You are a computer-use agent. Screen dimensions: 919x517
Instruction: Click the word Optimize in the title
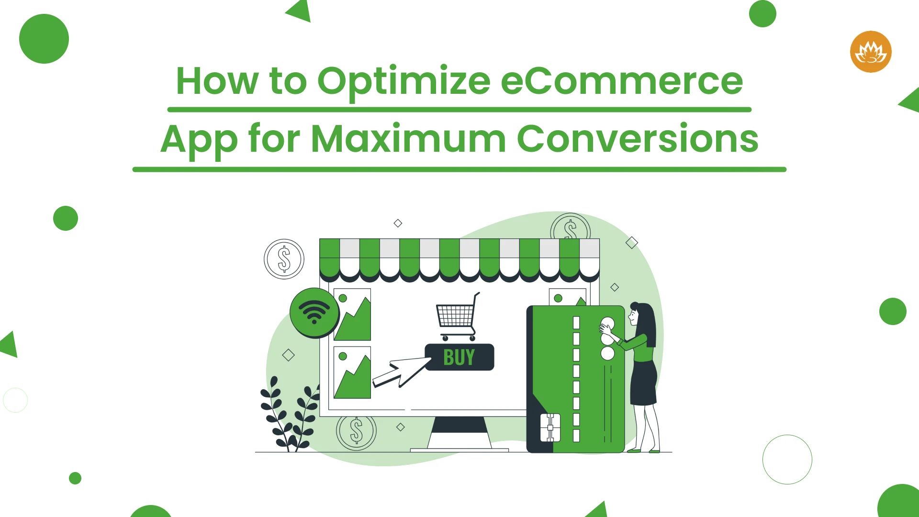tap(404, 82)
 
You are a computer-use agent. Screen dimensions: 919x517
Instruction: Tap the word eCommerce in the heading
tap(622, 81)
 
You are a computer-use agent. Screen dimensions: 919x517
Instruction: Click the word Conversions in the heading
tap(638, 139)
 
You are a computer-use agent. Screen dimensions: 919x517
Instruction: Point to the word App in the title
tap(199, 141)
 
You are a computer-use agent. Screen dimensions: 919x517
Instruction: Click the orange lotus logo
tap(871, 52)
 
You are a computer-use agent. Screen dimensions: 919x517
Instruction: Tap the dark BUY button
tap(459, 357)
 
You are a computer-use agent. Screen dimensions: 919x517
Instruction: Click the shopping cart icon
tap(457, 317)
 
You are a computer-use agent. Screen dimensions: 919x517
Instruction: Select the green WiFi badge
tap(314, 313)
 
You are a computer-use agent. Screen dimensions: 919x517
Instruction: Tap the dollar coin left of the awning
tap(284, 259)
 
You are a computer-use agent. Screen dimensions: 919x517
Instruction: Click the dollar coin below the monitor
tap(356, 431)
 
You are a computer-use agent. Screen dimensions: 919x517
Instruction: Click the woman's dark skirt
tap(644, 383)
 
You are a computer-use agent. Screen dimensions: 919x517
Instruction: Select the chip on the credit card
tap(550, 427)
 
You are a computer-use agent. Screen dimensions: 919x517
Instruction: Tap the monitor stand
tap(459, 434)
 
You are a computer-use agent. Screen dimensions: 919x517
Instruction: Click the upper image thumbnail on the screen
tap(352, 315)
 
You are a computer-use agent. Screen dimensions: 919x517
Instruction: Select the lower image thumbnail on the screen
tap(352, 372)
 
